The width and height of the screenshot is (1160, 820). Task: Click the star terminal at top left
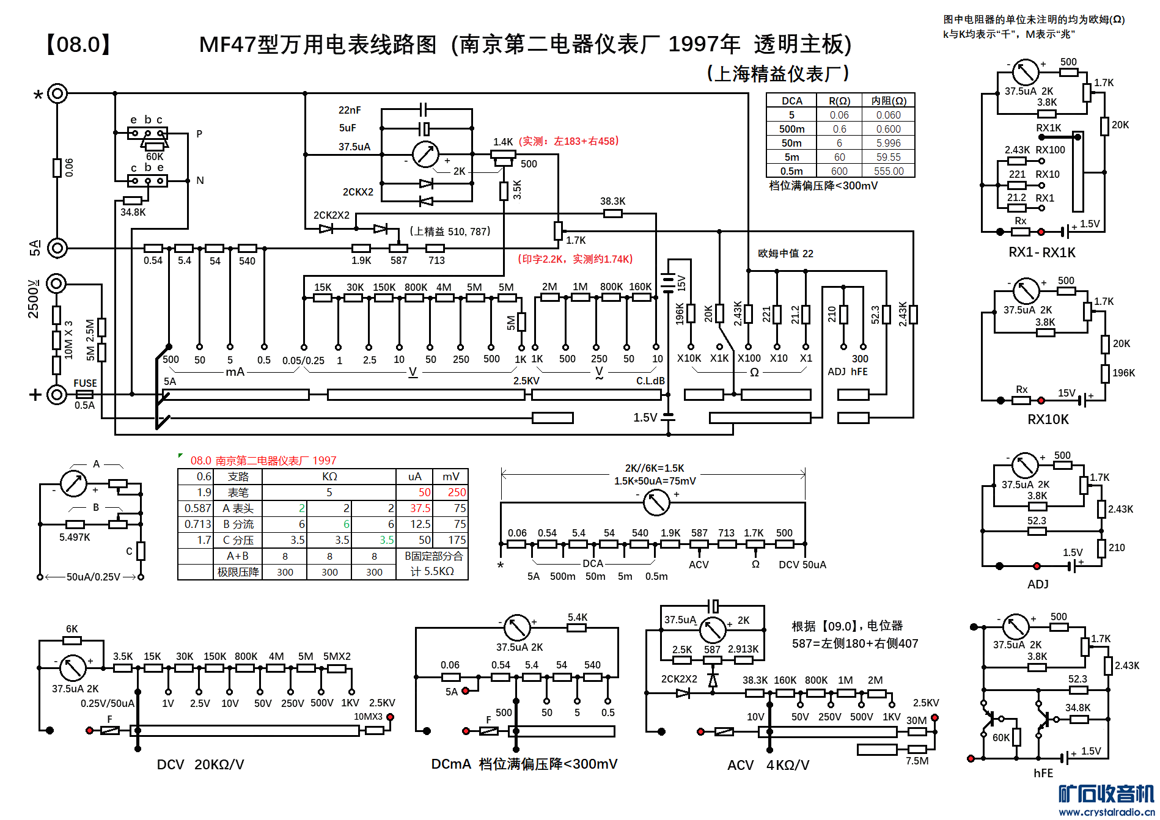pos(57,93)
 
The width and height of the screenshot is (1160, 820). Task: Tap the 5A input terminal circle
pos(57,248)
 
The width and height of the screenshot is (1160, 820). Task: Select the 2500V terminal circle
pos(57,284)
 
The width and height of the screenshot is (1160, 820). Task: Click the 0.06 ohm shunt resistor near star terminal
pos(57,167)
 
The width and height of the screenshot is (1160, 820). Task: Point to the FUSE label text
pos(85,383)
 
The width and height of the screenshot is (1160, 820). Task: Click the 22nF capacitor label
pos(350,110)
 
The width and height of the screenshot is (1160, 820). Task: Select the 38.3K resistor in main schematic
pos(612,213)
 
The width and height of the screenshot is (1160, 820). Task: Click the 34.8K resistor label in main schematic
pos(133,212)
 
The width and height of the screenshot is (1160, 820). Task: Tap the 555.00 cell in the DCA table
pos(888,171)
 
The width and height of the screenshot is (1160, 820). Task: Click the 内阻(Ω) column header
pos(888,101)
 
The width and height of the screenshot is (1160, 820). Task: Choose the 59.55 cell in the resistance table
pos(888,157)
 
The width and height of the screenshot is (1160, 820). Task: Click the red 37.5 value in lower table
pos(420,508)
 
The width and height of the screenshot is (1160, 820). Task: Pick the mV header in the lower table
pos(451,477)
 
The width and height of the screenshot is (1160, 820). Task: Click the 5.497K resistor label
pos(75,537)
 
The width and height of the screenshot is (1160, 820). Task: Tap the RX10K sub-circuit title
pos(1048,419)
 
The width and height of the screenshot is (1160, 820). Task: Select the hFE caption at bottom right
pos(1043,773)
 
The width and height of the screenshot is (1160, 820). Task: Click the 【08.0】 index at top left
pos(78,45)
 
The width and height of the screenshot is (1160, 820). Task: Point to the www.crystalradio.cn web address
pos(1107,812)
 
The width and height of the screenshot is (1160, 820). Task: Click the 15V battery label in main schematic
pos(681,283)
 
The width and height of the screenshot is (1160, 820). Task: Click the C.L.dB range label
pos(650,381)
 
